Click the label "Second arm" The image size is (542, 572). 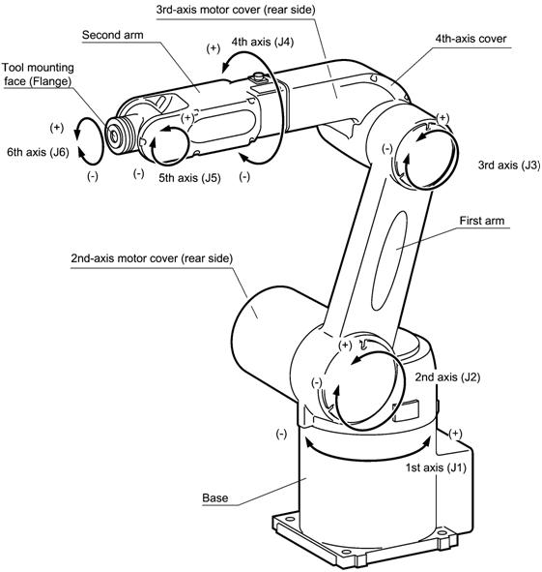click(112, 35)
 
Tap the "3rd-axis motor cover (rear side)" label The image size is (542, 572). click(236, 10)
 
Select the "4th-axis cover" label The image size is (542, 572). click(471, 39)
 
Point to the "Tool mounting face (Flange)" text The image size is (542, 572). click(38, 75)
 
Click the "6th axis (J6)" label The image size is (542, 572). click(38, 152)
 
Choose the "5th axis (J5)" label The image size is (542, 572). click(189, 178)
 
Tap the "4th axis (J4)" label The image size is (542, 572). click(262, 42)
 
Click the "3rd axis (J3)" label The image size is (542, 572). click(509, 165)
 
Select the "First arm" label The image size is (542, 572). click(481, 221)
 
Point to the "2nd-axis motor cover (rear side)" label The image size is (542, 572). click(152, 258)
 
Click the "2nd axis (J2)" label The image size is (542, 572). click(447, 376)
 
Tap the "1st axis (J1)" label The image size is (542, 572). click(436, 467)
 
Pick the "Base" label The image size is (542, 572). click(214, 497)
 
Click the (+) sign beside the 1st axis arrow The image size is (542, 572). click(455, 434)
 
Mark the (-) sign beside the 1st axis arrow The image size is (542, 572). click(281, 434)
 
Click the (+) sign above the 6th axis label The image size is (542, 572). click(56, 128)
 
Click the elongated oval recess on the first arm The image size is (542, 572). click(388, 260)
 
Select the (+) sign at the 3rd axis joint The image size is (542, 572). click(442, 118)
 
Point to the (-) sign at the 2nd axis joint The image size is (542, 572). click(317, 382)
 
